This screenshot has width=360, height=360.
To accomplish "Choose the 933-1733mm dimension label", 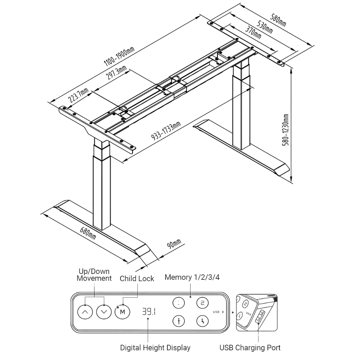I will (x=166, y=131).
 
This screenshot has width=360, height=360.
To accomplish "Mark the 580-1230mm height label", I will (x=286, y=130).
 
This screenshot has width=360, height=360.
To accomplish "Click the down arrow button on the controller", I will (x=104, y=312).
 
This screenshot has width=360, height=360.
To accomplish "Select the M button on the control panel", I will (x=122, y=312).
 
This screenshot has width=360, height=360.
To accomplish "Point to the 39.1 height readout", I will (x=149, y=311).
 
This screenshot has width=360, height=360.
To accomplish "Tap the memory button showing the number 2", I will (x=202, y=303).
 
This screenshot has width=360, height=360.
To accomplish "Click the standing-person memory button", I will (x=179, y=321).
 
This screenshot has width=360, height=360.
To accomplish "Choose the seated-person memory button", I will (x=202, y=321).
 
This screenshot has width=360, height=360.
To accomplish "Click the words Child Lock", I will (x=137, y=279).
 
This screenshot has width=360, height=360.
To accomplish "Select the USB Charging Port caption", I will (x=250, y=348).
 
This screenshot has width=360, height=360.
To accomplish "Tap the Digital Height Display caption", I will (x=155, y=348).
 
